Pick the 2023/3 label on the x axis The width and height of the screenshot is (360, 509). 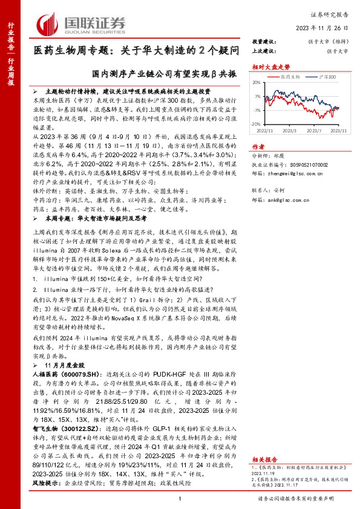tap(289, 129)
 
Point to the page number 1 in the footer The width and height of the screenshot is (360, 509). tap(180, 498)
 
